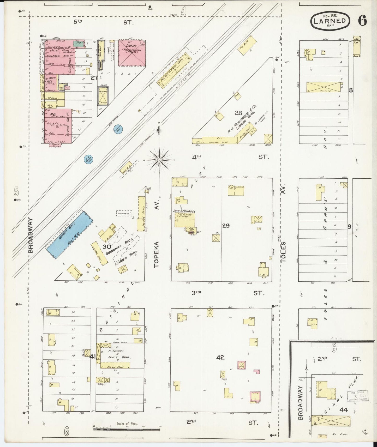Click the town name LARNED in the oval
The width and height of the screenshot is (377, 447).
pos(331,21)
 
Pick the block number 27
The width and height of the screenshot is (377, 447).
pos(94,77)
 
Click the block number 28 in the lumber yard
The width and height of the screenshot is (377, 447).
pos(238,113)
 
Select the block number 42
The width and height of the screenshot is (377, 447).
pos(220,358)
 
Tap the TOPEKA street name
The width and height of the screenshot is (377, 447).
pos(157,254)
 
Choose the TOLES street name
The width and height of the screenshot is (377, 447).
pos(284,252)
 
